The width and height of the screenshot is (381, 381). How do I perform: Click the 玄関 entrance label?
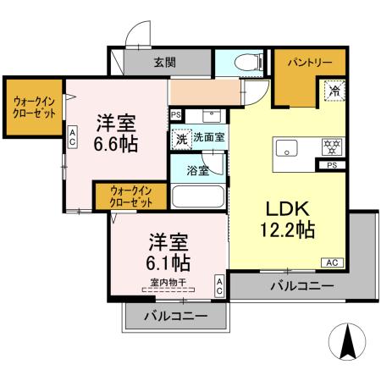click(166, 62)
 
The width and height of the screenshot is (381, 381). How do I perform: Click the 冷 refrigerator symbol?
click(333, 87)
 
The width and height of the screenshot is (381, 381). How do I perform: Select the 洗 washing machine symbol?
click(180, 138)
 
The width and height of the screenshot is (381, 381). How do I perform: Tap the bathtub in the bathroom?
click(197, 197)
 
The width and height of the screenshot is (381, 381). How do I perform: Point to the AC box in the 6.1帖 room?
click(219, 285)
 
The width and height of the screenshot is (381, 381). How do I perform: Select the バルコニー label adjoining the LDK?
click(301, 287)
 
